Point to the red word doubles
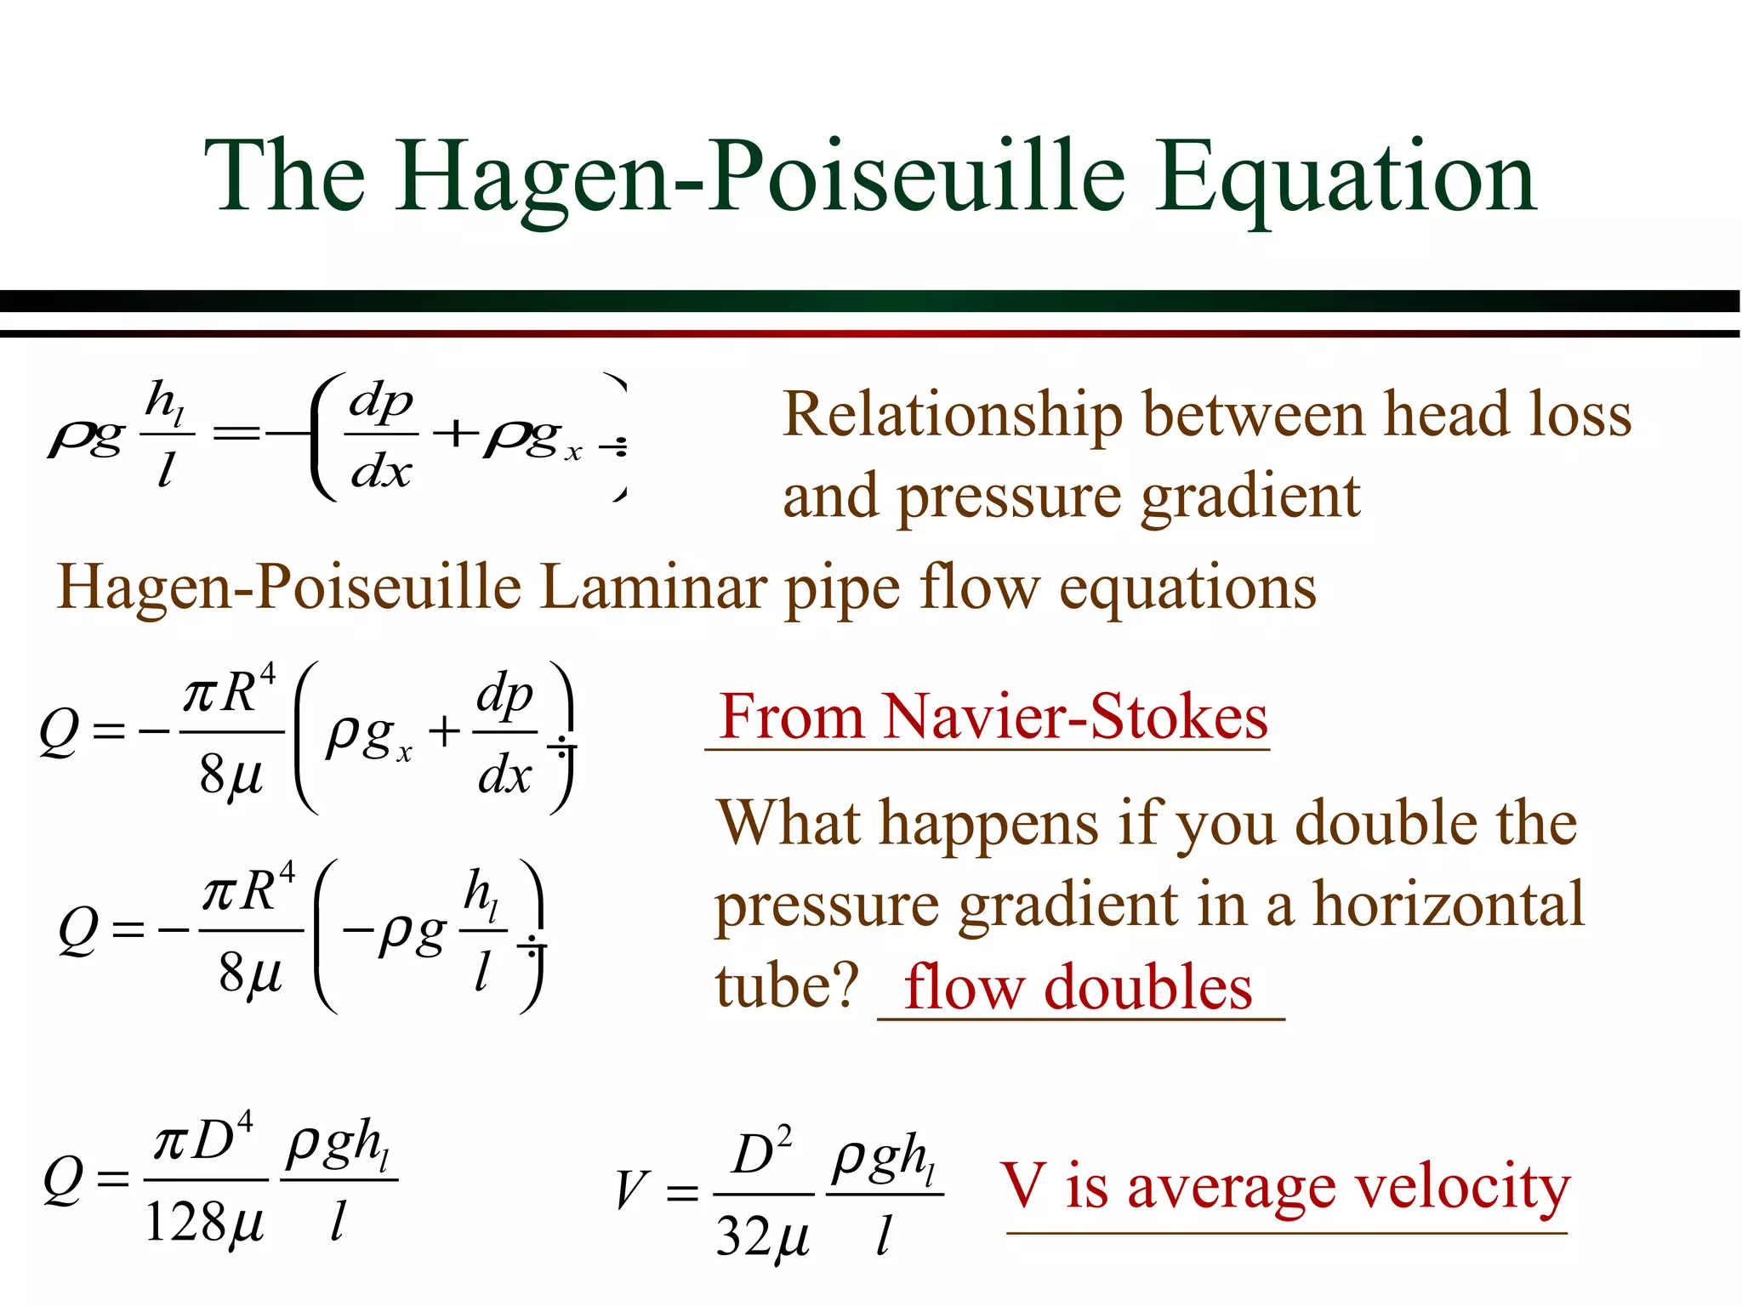pyautogui.click(x=1147, y=987)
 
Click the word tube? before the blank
pyautogui.click(x=787, y=987)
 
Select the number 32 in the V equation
pyautogui.click(x=742, y=1235)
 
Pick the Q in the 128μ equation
pyautogui.click(x=63, y=1180)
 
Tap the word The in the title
pyautogui.click(x=285, y=179)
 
